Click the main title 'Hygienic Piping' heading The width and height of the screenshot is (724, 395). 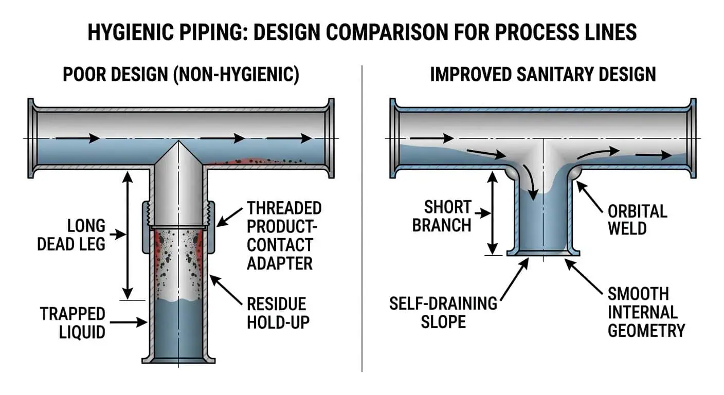pos(362,32)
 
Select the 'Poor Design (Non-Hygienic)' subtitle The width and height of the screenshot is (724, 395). pos(180,74)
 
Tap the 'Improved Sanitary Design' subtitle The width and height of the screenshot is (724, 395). pos(543,74)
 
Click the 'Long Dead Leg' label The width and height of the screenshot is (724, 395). pos(71,235)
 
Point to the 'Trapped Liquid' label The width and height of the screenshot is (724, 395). pos(73,322)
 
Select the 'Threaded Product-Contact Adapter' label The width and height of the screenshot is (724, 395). pos(284,236)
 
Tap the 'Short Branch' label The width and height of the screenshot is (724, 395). pos(442,216)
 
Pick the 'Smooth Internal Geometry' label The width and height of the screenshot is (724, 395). pos(646,312)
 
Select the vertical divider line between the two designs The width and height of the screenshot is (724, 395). pos(362,216)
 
